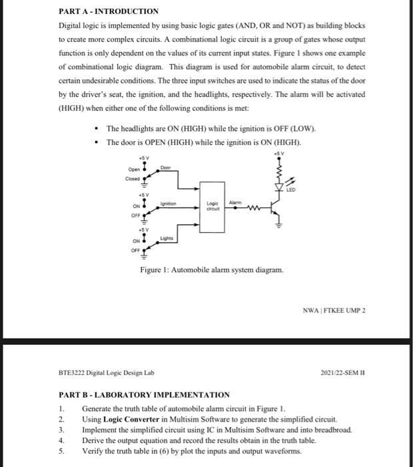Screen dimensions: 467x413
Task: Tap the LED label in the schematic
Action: (290, 189)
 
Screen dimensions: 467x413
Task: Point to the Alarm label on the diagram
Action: (235, 201)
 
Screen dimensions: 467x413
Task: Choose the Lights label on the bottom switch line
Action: (166, 238)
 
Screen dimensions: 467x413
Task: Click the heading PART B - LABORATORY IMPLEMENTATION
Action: (144, 395)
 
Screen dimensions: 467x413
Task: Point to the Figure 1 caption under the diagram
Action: (211, 270)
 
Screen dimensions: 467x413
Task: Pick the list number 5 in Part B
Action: (61, 452)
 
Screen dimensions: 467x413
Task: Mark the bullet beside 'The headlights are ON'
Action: (97, 129)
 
